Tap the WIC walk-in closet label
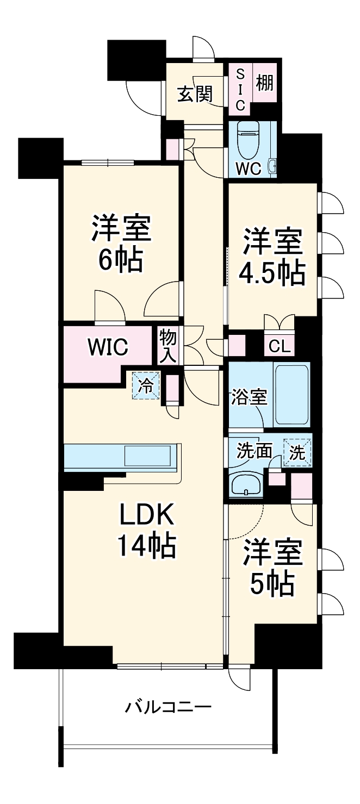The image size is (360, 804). click(x=108, y=346)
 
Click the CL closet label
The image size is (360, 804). click(x=280, y=346)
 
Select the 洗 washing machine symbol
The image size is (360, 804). click(x=297, y=452)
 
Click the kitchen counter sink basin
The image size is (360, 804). click(x=148, y=455)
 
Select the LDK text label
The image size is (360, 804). click(x=147, y=514)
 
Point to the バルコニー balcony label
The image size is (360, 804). click(x=168, y=707)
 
